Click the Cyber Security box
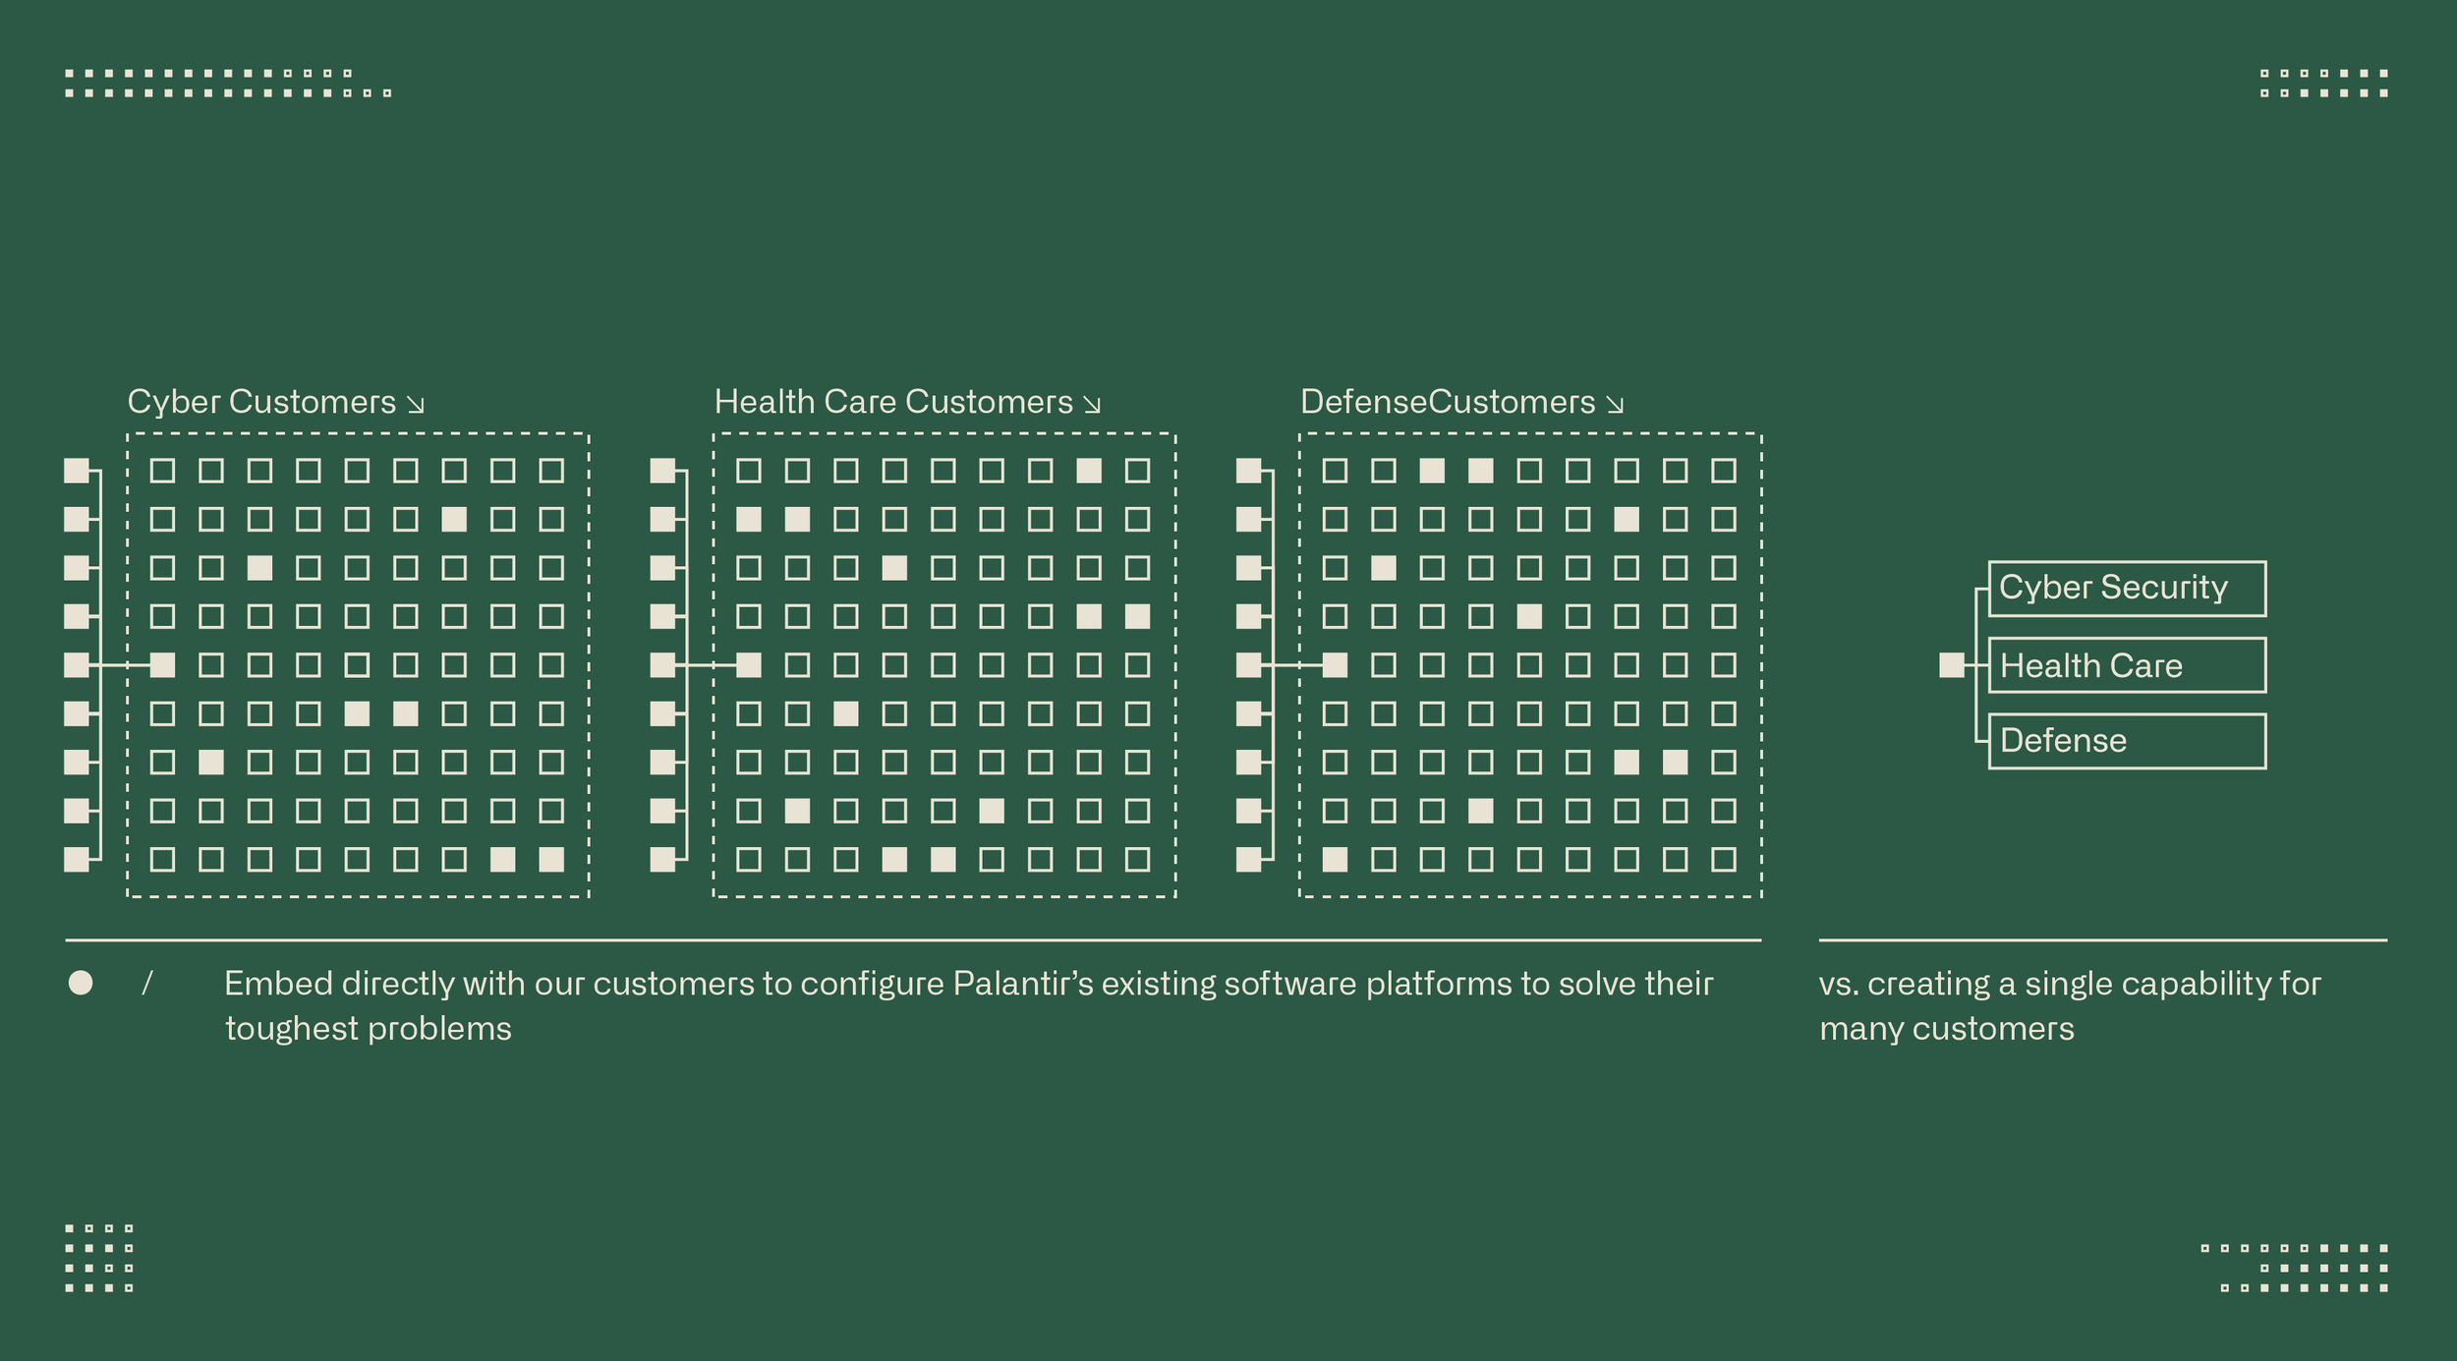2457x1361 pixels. pyautogui.click(x=2127, y=589)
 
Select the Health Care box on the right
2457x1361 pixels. pyautogui.click(x=2127, y=665)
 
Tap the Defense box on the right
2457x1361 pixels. pyautogui.click(x=2127, y=741)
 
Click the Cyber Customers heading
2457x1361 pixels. pyautogui.click(x=261, y=402)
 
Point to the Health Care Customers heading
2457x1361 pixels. pyautogui.click(x=892, y=402)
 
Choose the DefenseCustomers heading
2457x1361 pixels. pyautogui.click(x=1447, y=402)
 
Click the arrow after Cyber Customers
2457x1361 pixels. pyautogui.click(x=416, y=404)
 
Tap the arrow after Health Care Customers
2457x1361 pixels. pyautogui.click(x=1092, y=404)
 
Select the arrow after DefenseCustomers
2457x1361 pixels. pyautogui.click(x=1615, y=404)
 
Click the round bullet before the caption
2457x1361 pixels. pyautogui.click(x=81, y=983)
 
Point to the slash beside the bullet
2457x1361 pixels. pyautogui.click(x=147, y=983)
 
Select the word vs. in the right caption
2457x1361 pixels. pyautogui.click(x=1838, y=984)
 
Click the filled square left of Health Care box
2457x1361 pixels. pyautogui.click(x=1951, y=665)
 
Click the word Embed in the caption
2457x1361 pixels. pyautogui.click(x=278, y=984)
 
